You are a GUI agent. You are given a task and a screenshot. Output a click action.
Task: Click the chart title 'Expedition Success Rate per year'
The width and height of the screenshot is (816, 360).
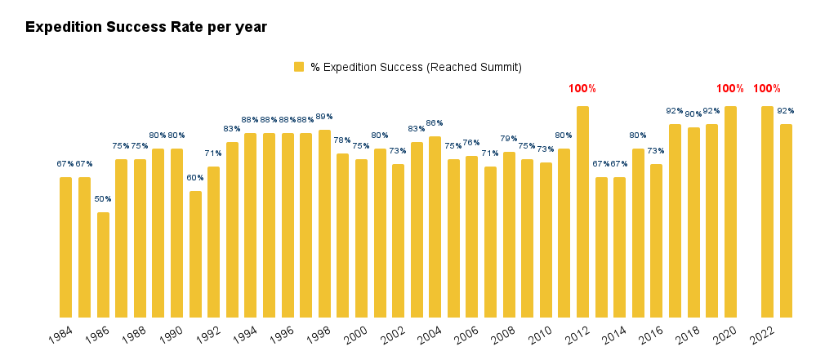(x=146, y=27)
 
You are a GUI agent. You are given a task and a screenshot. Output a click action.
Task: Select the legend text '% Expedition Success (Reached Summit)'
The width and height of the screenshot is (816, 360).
(x=416, y=67)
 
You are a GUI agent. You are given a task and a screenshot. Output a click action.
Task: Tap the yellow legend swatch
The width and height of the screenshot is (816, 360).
(x=299, y=67)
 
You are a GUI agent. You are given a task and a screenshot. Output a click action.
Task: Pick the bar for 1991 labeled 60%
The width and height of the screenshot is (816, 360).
(x=195, y=254)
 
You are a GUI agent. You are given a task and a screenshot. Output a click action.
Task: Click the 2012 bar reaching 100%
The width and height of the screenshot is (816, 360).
(x=582, y=211)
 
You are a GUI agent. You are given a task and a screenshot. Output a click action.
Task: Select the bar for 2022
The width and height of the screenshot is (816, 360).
(x=767, y=211)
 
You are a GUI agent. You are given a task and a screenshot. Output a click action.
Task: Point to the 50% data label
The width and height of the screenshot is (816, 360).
(x=103, y=199)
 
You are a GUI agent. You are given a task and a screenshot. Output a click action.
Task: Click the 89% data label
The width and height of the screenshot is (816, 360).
(x=324, y=117)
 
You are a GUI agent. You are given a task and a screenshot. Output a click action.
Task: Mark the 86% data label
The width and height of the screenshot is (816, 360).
(x=435, y=123)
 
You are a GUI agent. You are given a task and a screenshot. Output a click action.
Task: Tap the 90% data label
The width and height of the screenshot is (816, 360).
(x=693, y=114)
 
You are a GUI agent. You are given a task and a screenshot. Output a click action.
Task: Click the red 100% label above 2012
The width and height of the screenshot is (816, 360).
(x=582, y=88)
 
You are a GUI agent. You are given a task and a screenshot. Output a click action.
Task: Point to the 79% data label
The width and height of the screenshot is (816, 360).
(x=509, y=139)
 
